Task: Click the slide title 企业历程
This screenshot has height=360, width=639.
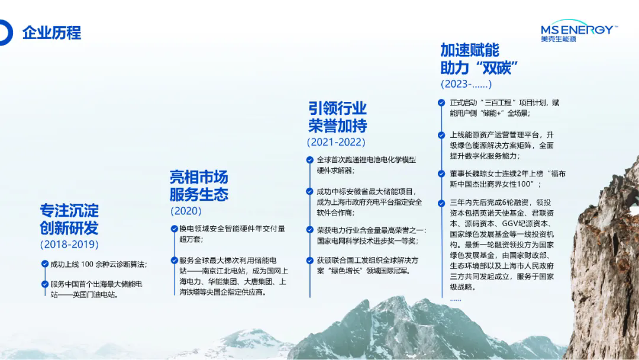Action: click(x=51, y=33)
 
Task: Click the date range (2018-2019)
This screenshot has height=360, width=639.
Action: click(x=69, y=244)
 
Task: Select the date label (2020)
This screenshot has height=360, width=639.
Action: click(x=186, y=211)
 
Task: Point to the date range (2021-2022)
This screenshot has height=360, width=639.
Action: click(x=335, y=142)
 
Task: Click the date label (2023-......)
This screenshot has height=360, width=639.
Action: click(x=466, y=84)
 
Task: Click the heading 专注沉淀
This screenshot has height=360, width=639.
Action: click(x=69, y=210)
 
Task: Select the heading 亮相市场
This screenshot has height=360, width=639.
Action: click(x=199, y=177)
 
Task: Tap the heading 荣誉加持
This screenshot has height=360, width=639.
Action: click(x=337, y=125)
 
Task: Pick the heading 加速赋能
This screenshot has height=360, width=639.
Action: click(x=470, y=50)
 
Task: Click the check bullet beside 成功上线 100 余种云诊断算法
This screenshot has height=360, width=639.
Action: click(x=45, y=264)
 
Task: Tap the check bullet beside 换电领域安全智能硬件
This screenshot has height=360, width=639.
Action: click(x=174, y=228)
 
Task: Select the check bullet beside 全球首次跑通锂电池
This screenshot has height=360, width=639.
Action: click(x=310, y=160)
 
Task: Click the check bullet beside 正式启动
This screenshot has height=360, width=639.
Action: click(x=441, y=102)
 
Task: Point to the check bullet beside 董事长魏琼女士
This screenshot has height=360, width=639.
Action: click(x=441, y=173)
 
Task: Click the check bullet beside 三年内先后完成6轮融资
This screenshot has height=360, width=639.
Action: click(x=441, y=202)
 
